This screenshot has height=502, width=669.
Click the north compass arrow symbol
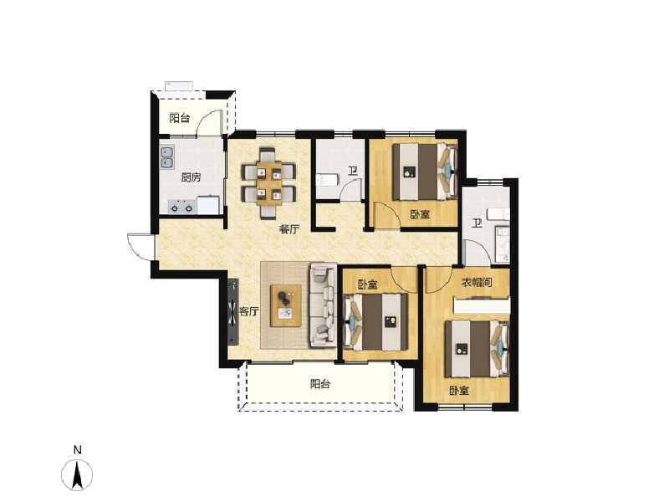[x=77, y=476]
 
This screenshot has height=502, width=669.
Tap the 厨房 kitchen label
[x=191, y=177]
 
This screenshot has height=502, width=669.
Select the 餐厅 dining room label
[x=289, y=230]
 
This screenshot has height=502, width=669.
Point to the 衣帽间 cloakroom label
[x=477, y=283]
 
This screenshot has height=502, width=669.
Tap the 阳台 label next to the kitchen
[x=179, y=118]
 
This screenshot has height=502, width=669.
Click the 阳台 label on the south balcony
[x=320, y=385]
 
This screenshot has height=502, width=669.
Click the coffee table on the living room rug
[x=286, y=305]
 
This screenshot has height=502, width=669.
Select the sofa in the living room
[x=322, y=306]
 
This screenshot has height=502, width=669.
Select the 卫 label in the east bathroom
[x=476, y=223]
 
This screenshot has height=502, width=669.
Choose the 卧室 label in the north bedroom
[x=420, y=215]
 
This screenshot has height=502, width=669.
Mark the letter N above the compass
[x=77, y=450]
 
